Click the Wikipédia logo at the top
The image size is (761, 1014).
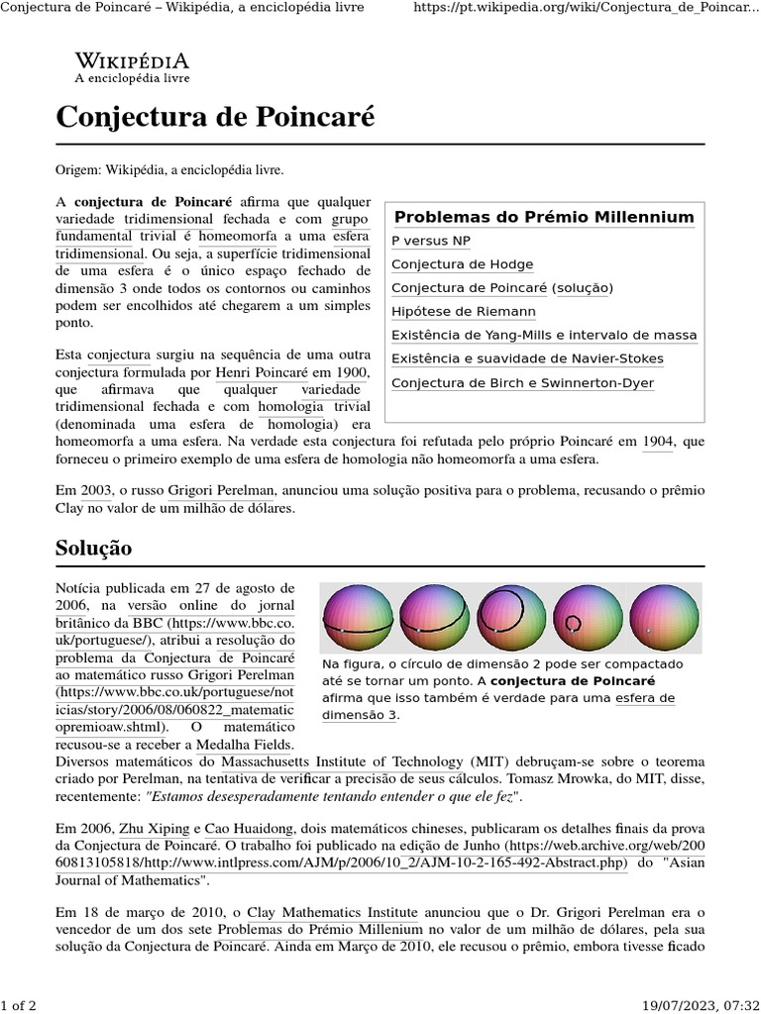click(132, 65)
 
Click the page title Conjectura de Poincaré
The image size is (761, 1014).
click(215, 117)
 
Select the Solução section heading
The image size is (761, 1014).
click(93, 548)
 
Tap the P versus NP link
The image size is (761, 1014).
click(431, 241)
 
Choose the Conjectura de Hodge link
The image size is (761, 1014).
click(462, 264)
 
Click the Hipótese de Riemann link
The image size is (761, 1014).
click(463, 311)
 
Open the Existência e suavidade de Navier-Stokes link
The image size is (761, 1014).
click(527, 358)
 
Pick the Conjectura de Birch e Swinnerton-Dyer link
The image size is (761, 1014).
click(522, 383)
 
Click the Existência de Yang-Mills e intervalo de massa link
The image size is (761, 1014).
click(544, 335)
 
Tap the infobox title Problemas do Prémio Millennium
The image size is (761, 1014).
click(544, 217)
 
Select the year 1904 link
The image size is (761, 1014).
click(657, 441)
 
